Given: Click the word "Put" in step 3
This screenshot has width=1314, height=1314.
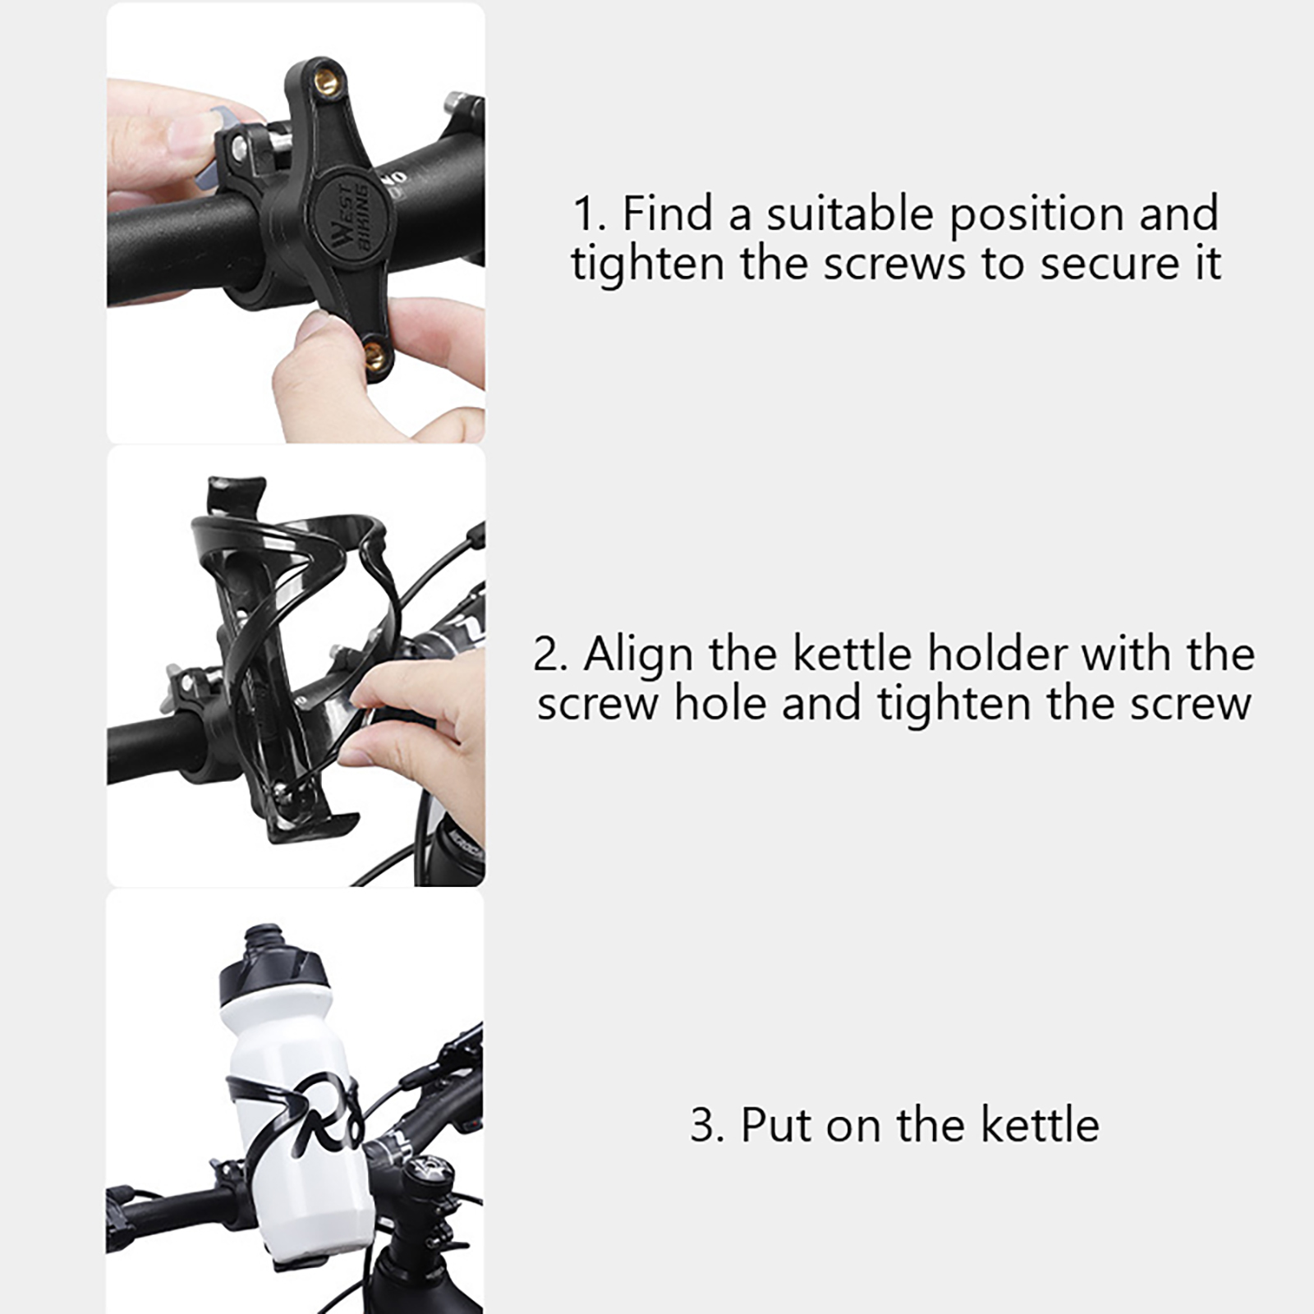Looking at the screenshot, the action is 777,1125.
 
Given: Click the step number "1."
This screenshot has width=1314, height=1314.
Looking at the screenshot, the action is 590,215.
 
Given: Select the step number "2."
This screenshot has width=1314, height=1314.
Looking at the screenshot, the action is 551,656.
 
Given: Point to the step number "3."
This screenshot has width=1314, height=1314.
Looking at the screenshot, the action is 708,1126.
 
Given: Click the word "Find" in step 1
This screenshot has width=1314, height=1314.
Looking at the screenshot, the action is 668,214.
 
